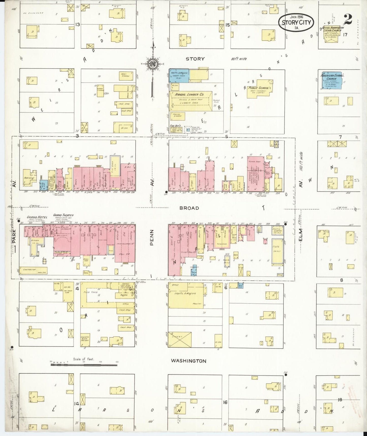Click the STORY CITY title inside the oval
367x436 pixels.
point(296,22)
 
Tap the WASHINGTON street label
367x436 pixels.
point(188,361)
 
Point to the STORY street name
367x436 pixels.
point(195,59)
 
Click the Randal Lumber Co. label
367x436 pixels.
point(189,94)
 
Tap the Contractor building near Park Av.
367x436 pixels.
point(33,270)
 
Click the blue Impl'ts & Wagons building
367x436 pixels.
point(179,75)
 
